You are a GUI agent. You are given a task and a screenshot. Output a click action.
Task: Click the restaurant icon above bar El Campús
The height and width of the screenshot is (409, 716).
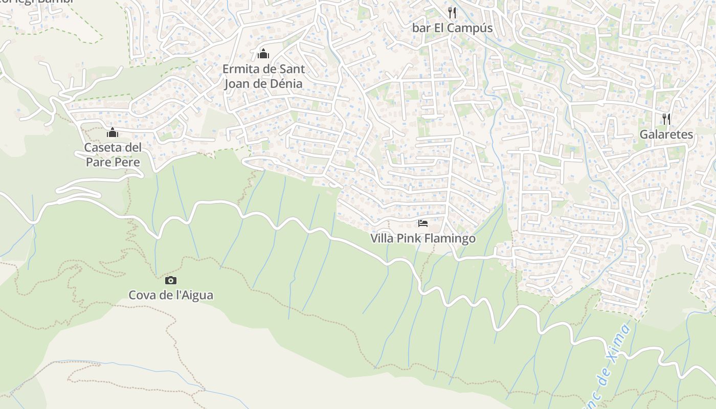tap(452, 12)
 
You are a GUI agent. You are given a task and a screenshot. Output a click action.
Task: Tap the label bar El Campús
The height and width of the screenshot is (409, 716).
tap(452, 28)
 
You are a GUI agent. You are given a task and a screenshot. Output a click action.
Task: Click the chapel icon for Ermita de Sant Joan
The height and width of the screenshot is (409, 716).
tap(263, 54)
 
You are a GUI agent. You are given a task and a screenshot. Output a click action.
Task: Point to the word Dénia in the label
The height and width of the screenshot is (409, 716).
tap(284, 83)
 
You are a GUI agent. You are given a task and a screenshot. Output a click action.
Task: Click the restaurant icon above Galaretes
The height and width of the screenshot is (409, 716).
tap(666, 119)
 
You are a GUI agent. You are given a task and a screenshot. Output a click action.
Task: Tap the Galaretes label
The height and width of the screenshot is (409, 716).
tap(666, 134)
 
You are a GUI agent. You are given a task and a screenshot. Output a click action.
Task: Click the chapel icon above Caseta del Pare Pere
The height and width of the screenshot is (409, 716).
tap(113, 133)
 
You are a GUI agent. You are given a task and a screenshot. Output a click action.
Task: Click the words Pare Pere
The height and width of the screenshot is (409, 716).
tap(113, 162)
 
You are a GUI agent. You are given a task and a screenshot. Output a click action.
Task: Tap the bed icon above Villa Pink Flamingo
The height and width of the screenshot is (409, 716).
tap(423, 223)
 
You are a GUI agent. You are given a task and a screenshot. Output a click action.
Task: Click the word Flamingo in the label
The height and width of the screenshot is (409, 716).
tap(453, 239)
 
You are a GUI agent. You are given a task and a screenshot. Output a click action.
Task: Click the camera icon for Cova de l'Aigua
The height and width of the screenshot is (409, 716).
tap(171, 280)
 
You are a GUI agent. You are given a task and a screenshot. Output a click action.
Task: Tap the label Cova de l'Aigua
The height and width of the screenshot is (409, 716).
tap(171, 296)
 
